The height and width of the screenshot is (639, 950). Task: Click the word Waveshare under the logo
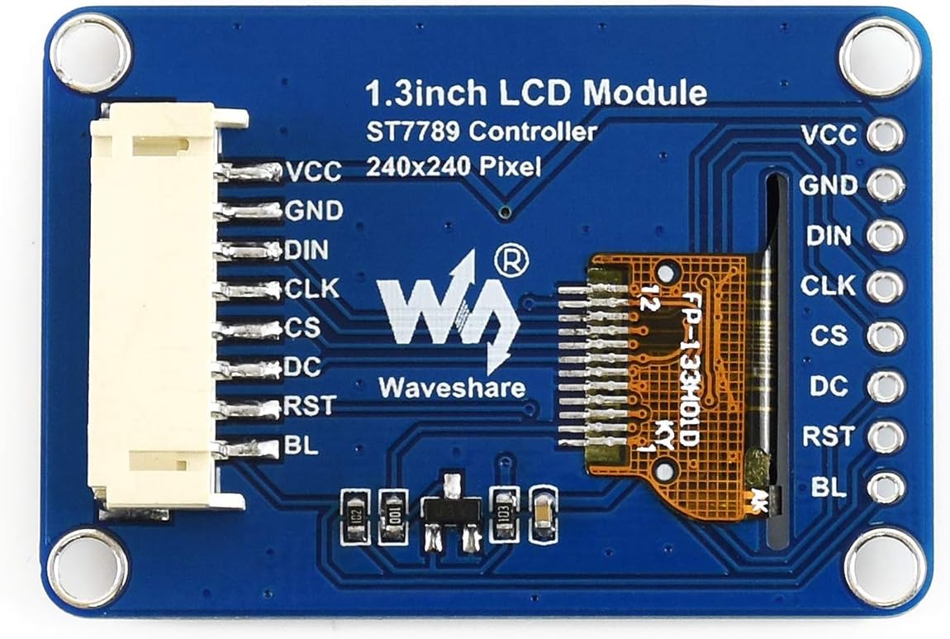click(x=452, y=386)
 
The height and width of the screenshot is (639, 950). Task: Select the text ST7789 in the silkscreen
click(x=411, y=131)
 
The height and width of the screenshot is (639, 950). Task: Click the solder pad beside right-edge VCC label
click(x=886, y=135)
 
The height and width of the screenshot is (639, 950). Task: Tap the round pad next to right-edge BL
click(x=886, y=487)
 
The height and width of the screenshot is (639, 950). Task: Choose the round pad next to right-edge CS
click(x=886, y=336)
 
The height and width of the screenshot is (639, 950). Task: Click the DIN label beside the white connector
click(x=306, y=250)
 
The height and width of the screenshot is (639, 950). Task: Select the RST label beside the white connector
click(x=310, y=405)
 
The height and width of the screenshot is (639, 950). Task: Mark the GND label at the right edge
click(x=828, y=186)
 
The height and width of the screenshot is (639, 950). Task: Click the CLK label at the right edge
click(x=828, y=286)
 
